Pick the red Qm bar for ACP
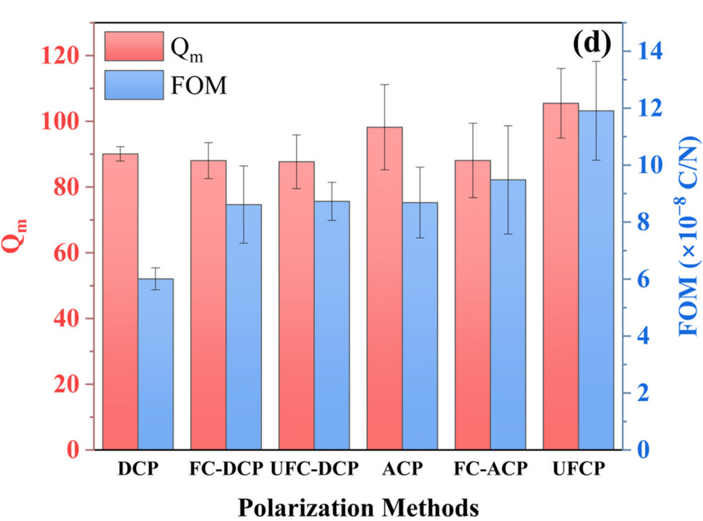point(385,288)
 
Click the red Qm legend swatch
point(134,47)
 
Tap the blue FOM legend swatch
point(134,85)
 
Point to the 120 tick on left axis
point(60,55)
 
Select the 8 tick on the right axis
point(643,222)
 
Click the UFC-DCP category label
point(315,469)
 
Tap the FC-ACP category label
point(491,469)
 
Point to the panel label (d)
point(592,43)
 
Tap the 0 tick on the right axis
point(643,450)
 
